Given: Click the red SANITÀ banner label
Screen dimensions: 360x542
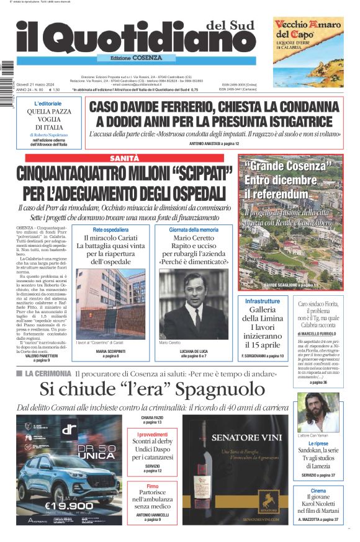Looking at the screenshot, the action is tap(124, 158).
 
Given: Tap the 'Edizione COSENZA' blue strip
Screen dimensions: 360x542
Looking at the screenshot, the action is tap(132, 58).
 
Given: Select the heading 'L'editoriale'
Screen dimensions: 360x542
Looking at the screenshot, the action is tap(48, 103).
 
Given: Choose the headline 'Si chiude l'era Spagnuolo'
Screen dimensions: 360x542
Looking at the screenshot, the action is tap(143, 389).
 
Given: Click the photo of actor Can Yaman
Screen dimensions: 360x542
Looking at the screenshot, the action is tap(318, 412).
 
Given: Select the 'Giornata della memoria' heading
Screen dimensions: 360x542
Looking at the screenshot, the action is tap(193, 229).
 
